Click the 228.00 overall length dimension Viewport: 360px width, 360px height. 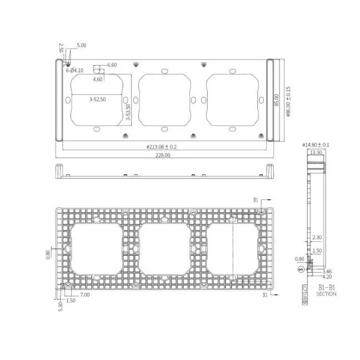[163, 156]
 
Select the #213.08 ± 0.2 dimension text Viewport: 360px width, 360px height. [162, 147]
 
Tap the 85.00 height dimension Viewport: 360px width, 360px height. [277, 101]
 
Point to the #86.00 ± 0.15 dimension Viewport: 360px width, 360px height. [288, 101]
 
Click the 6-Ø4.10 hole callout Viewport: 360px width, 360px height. [74, 71]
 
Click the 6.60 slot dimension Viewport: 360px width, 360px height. [112, 65]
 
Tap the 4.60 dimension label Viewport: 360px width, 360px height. [98, 79]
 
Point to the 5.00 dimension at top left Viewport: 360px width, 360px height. [81, 45]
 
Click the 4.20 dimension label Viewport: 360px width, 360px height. [327, 276]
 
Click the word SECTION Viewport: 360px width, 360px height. [327, 294]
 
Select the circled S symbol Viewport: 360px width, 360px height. [301, 269]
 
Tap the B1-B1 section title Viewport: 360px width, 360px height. [327, 287]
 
